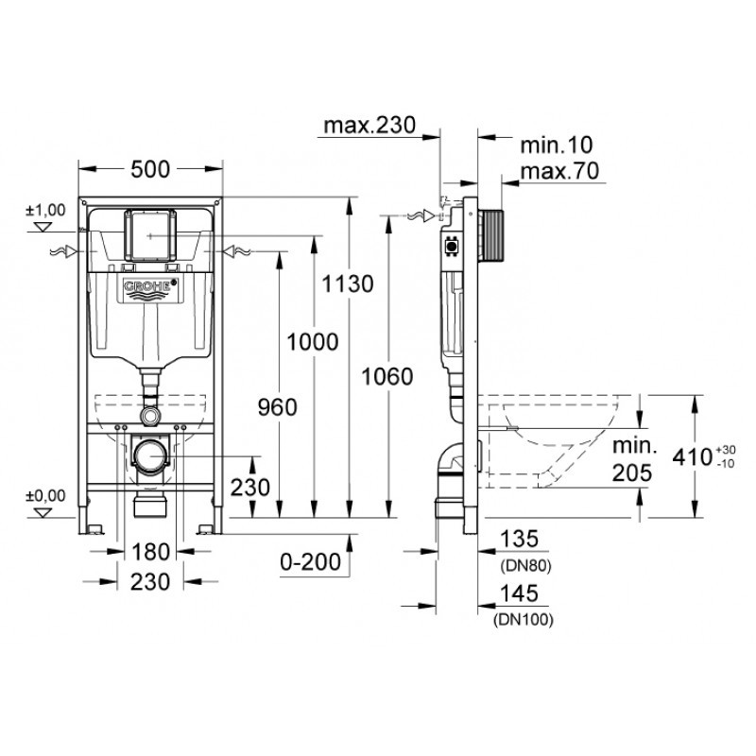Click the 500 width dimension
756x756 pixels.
[x=150, y=169]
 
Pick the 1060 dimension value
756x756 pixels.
[x=387, y=376]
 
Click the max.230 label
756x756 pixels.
[x=369, y=125]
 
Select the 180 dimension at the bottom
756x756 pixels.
[x=151, y=550]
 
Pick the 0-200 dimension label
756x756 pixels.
[x=311, y=562]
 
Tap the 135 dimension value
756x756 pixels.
[x=521, y=539]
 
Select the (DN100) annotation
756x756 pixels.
[x=523, y=620]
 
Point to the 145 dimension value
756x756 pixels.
[x=521, y=593]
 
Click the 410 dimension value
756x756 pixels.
[x=692, y=457]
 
